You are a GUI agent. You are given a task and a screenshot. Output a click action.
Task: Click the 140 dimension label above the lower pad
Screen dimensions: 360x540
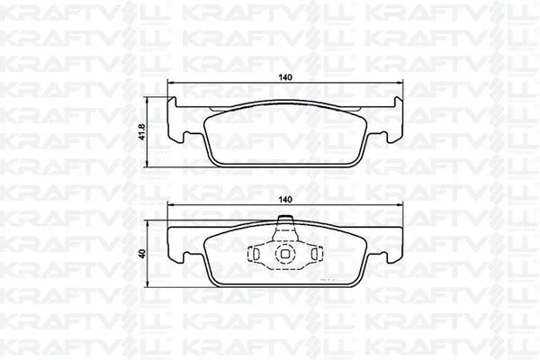pyautogui.click(x=284, y=200)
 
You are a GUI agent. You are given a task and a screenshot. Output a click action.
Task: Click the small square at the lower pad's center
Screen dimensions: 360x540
pyautogui.click(x=284, y=255)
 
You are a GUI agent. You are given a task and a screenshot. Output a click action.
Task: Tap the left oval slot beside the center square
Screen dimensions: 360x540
pyautogui.click(x=259, y=255)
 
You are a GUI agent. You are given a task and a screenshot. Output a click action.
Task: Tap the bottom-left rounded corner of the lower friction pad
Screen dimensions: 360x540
pyautogui.click(x=216, y=286)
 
